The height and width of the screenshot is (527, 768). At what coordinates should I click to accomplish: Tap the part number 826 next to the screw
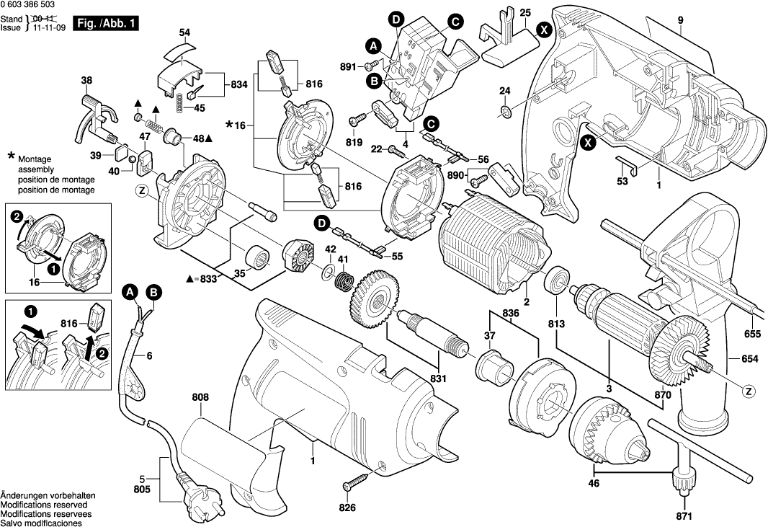pos(347,508)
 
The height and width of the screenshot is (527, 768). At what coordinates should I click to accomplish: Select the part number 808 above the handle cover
pos(200,397)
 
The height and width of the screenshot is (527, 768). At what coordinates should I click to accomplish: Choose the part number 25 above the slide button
pos(524,12)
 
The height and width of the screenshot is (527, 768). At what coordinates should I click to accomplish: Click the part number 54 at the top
pos(184,32)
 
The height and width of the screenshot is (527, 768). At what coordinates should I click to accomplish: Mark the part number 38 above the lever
pos(87,80)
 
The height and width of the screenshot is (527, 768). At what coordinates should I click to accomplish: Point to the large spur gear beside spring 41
pos(376,297)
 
